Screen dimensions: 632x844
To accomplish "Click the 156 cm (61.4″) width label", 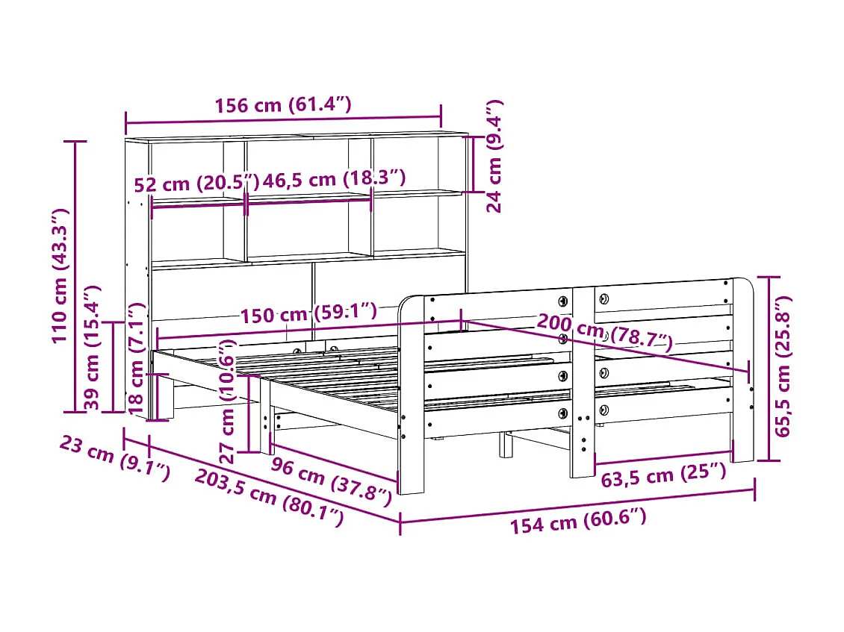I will click(282, 105).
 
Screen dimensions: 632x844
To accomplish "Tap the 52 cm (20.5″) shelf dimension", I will click(196, 184).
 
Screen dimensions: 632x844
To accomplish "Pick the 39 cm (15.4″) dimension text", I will click(92, 348).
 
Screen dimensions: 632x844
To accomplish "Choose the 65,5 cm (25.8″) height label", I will click(781, 366).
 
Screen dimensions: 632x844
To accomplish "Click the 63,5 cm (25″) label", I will click(663, 475).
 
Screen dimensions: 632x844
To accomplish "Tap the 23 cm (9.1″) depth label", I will click(114, 457).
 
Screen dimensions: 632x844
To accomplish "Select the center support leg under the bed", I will click(506, 444).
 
